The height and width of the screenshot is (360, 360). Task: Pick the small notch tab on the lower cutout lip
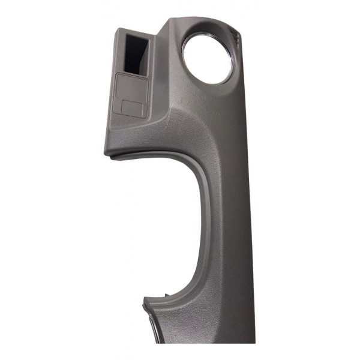point(163,295)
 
